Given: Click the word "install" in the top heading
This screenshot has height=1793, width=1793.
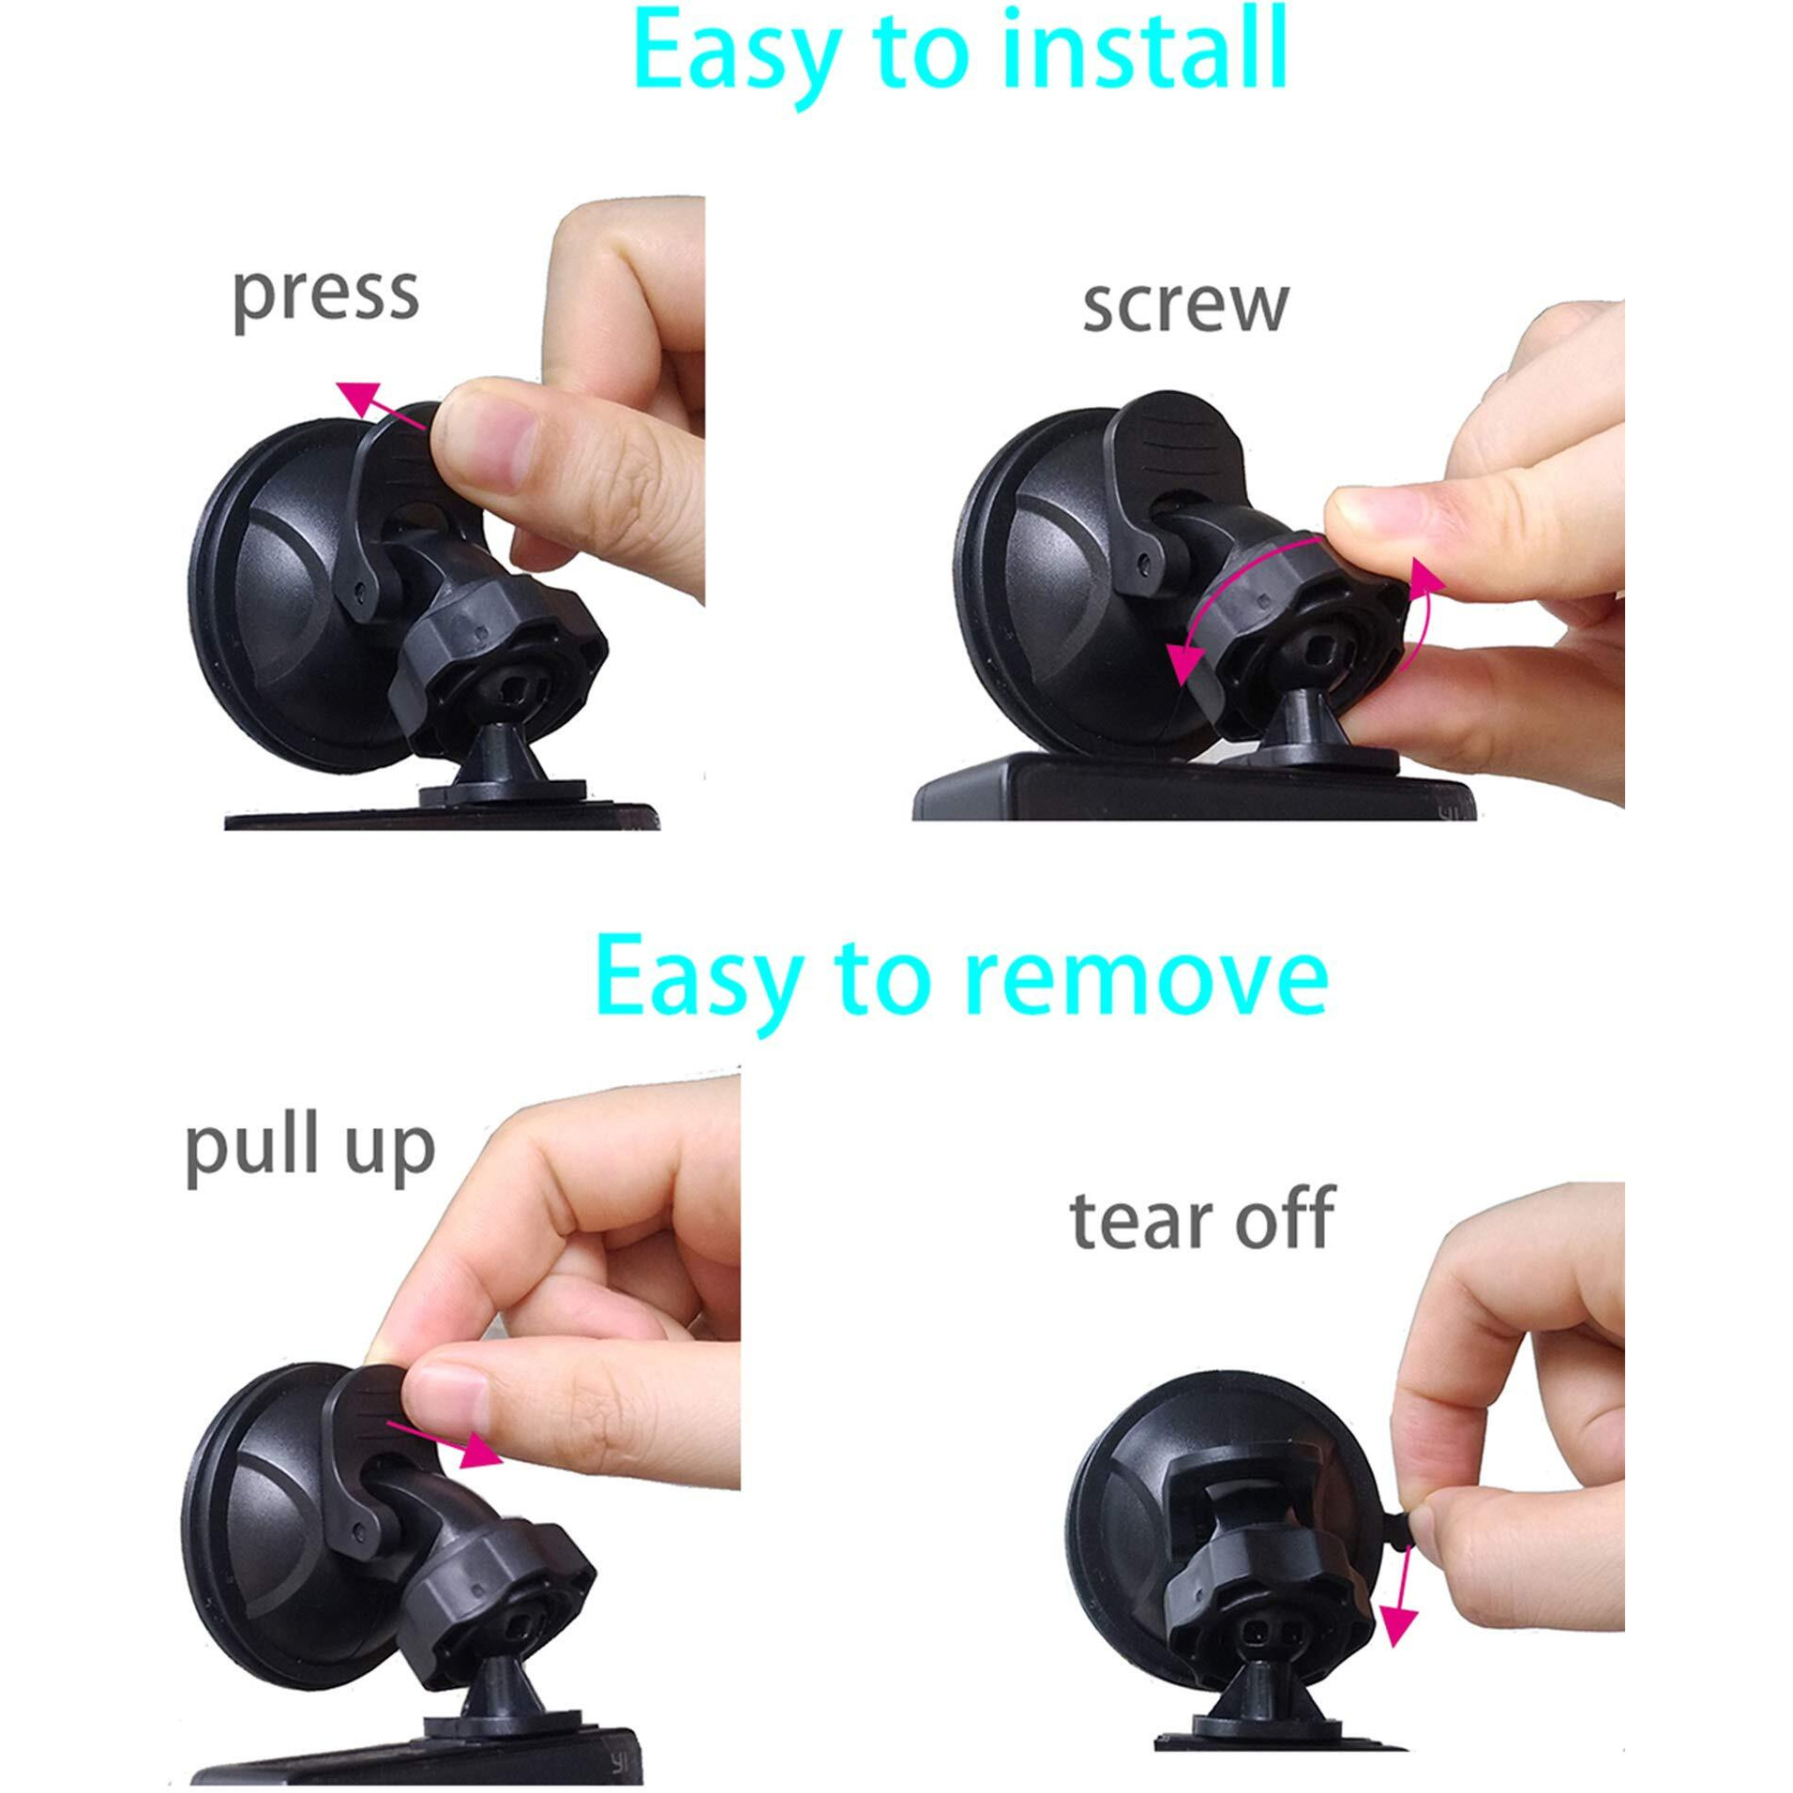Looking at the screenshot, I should (x=1140, y=51).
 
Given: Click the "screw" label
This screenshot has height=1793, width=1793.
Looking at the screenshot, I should (x=1185, y=305).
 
